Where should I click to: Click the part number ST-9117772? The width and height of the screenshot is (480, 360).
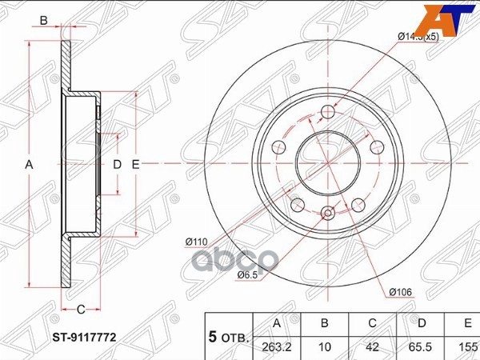click(x=86, y=338)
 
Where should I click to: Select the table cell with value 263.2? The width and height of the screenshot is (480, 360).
click(x=278, y=346)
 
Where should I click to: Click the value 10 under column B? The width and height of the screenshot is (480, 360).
click(x=324, y=346)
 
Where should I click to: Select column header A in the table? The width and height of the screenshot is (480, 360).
click(x=278, y=324)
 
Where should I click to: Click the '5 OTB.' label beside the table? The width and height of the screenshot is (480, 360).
click(x=229, y=338)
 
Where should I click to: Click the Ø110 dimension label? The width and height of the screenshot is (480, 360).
click(x=197, y=241)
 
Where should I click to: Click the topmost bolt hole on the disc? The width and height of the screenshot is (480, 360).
click(x=327, y=113)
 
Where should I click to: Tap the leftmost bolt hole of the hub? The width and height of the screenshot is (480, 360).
click(x=278, y=147)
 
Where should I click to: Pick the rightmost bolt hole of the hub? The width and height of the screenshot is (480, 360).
click(x=376, y=147)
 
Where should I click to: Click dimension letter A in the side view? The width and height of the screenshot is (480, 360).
click(x=30, y=164)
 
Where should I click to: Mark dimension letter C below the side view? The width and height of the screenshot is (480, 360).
click(x=81, y=309)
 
